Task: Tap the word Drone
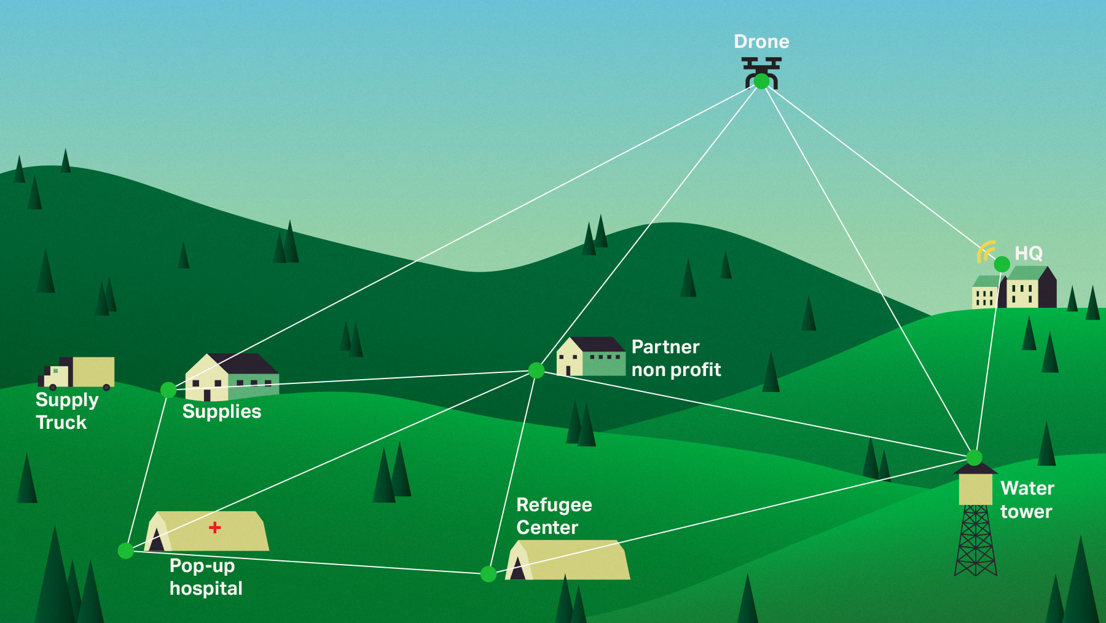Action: tap(761, 42)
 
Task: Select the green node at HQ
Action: tap(1002, 264)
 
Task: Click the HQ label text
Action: tap(1029, 253)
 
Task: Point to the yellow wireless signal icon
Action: tap(986, 251)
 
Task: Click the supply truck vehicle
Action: tap(77, 373)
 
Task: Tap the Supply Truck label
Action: tap(66, 411)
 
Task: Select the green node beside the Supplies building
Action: tap(168, 390)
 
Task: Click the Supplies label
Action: tap(222, 412)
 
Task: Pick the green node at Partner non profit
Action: tap(536, 370)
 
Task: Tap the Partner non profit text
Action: tap(676, 358)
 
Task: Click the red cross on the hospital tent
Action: tap(214, 527)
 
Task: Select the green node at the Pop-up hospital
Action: tap(125, 551)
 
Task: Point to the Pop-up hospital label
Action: tap(206, 577)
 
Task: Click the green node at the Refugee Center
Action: tap(488, 574)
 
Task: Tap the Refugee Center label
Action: tap(554, 516)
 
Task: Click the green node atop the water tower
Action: tap(974, 457)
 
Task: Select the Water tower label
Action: tap(1027, 500)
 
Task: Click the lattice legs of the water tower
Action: tap(976, 541)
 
